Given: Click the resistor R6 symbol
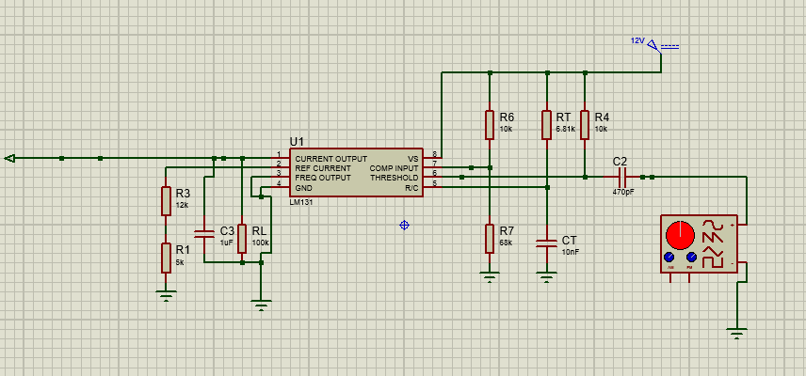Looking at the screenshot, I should (490, 124).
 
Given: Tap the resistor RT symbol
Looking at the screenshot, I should (547, 124).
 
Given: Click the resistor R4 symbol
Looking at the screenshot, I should (586, 124).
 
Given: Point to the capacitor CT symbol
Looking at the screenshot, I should (547, 243).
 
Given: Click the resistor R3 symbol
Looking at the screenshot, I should (167, 199).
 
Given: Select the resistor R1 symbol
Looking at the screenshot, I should (167, 257).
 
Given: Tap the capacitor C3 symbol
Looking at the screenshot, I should (203, 233).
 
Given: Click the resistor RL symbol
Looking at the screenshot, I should (242, 239).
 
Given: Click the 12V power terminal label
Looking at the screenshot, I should (637, 41).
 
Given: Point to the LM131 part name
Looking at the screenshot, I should (301, 201).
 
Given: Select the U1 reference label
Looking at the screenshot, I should (298, 141).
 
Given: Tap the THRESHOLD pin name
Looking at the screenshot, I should (394, 177).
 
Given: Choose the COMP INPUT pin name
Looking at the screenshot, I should (394, 168).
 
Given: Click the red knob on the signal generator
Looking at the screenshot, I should (679, 234).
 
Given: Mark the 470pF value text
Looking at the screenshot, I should (622, 192).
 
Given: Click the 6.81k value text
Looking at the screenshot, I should (565, 129).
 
